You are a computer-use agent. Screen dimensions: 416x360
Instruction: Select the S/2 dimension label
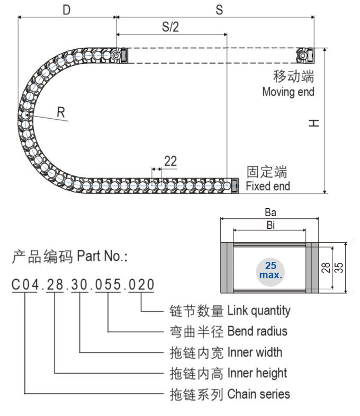(x=170, y=27)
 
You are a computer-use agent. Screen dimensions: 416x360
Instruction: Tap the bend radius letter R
(x=61, y=112)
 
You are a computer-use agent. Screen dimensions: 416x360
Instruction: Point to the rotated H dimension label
(x=314, y=123)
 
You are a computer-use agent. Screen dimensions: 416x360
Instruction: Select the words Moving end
(x=288, y=92)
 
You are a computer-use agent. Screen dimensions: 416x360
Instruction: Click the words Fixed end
(x=268, y=186)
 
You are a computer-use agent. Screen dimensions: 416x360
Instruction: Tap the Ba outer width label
(x=270, y=212)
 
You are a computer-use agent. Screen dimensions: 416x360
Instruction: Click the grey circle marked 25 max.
(x=271, y=269)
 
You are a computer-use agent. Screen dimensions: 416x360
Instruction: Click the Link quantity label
(x=259, y=309)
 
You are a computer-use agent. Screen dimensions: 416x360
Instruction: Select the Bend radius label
(x=257, y=331)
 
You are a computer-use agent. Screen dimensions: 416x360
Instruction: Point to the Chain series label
(x=258, y=394)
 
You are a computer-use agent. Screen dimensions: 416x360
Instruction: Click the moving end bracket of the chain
(x=306, y=55)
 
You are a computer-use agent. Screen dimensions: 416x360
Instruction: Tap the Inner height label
(x=257, y=373)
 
